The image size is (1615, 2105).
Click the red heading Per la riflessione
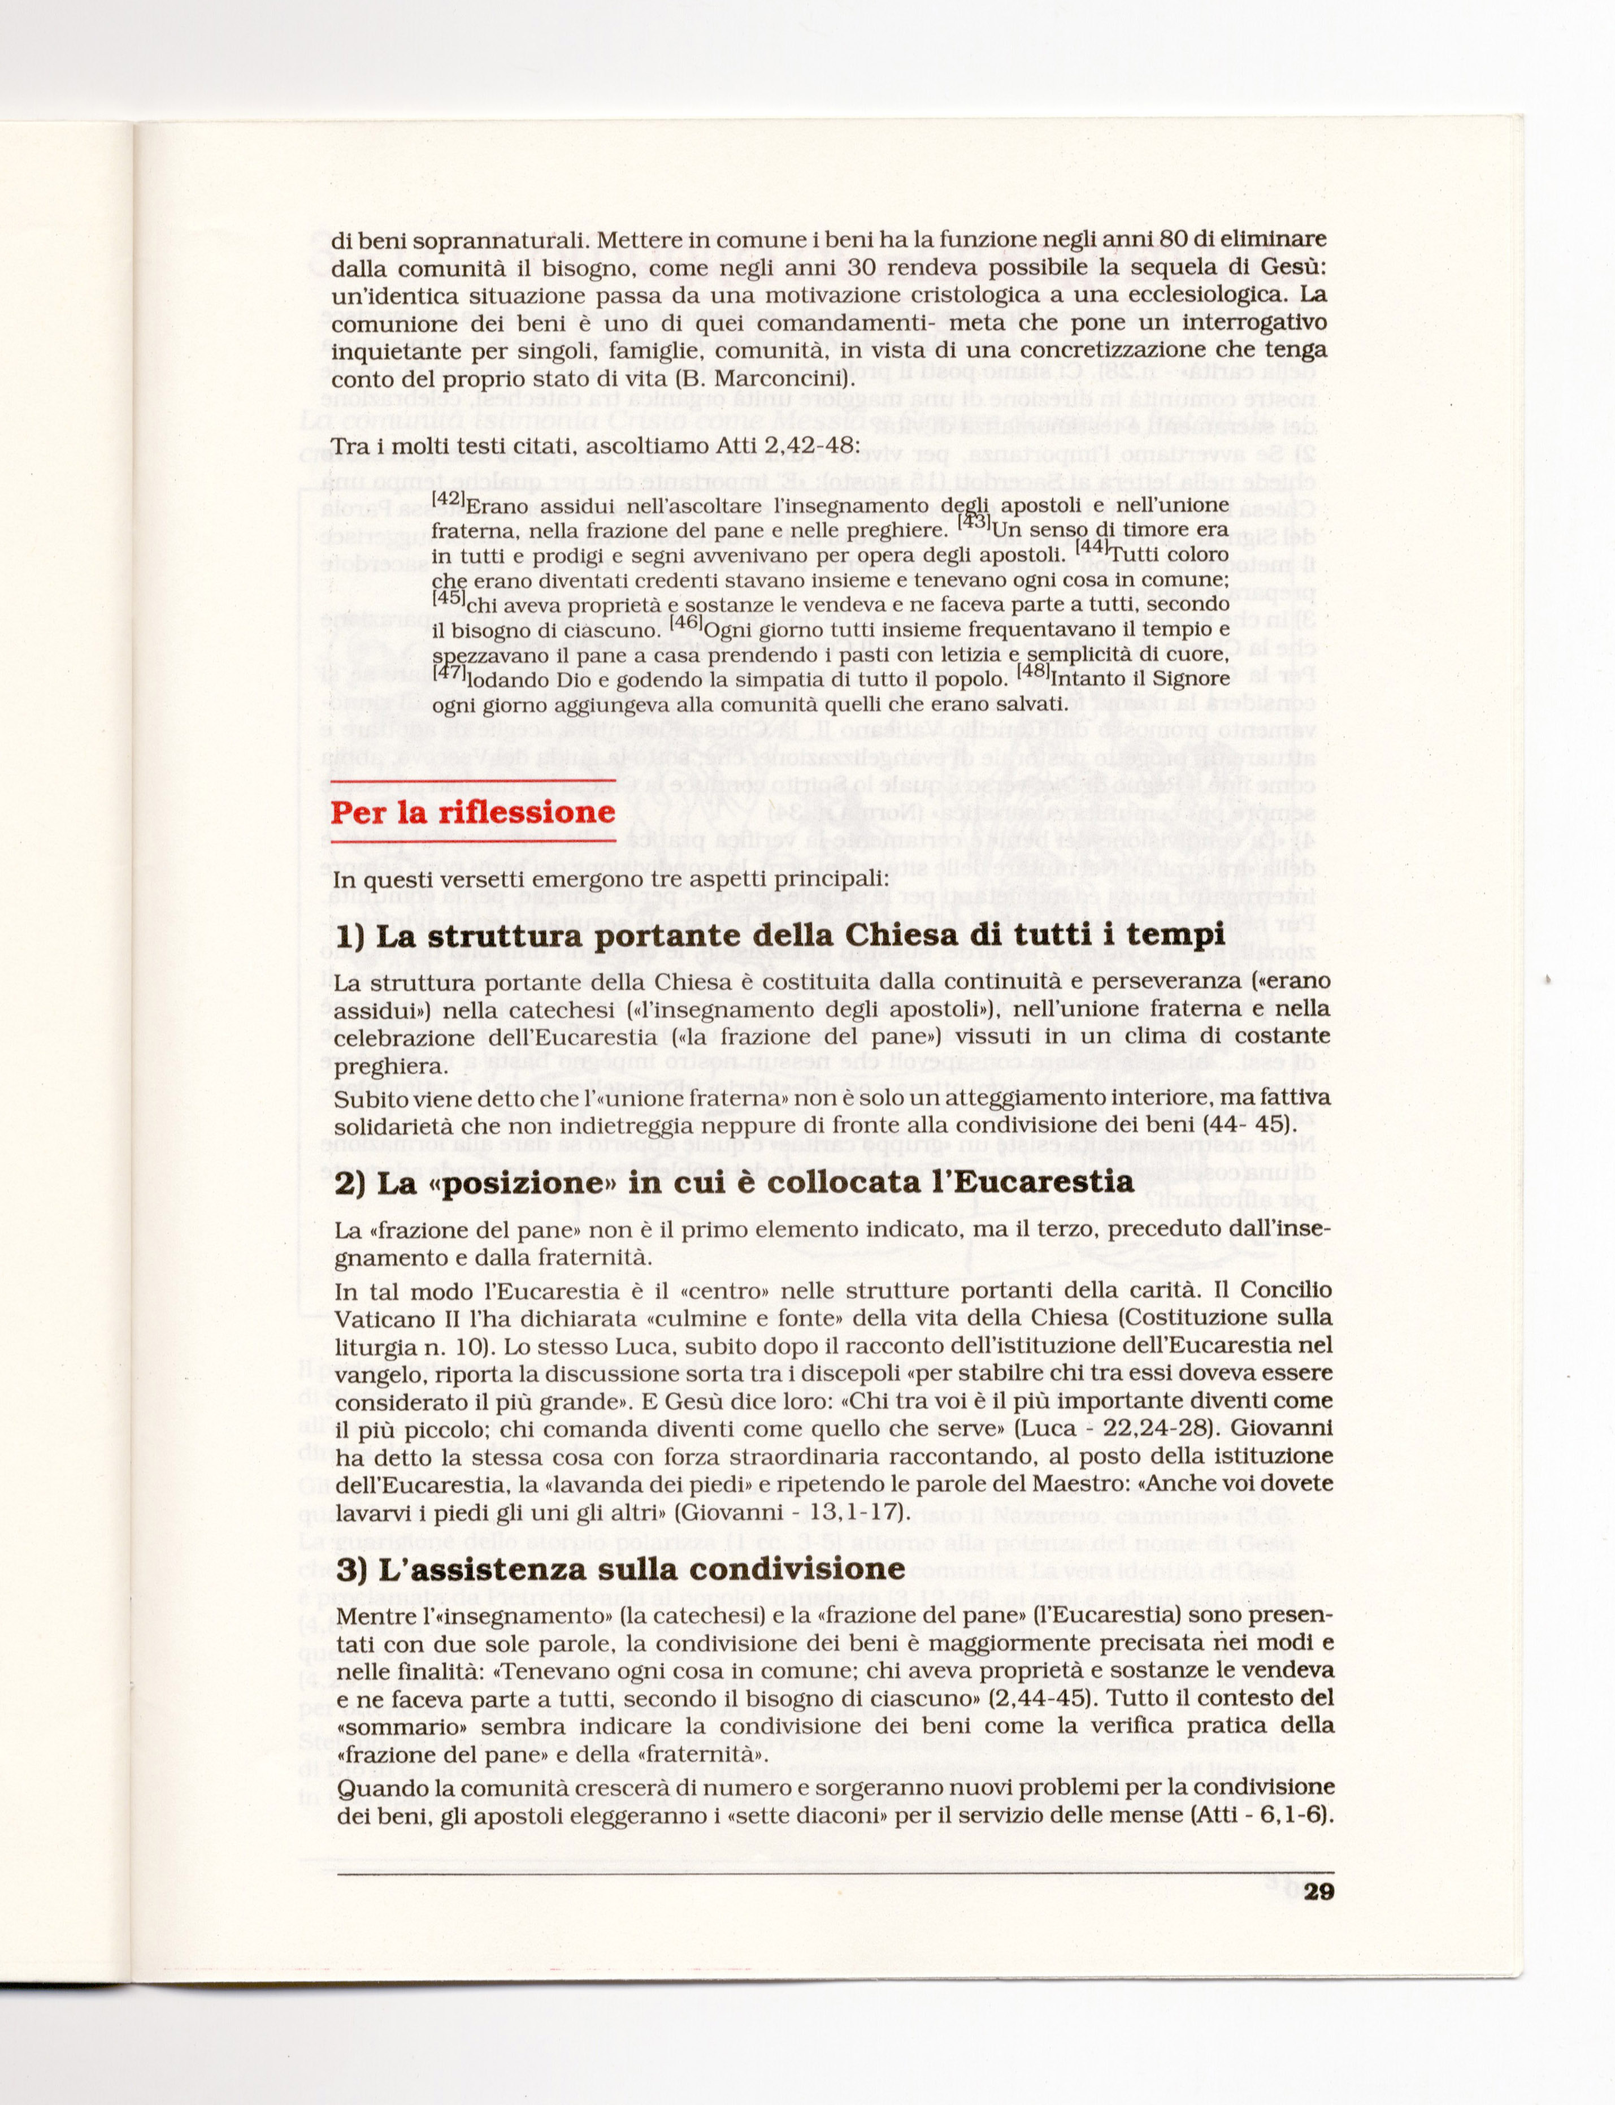pyautogui.click(x=472, y=813)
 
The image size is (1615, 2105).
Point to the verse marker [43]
pyautogui.click(x=975, y=522)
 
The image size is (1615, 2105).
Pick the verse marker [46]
pyautogui.click(x=687, y=622)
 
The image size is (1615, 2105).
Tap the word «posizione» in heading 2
pyautogui.click(x=520, y=1182)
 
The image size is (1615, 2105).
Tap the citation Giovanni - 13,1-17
pyautogui.click(x=790, y=1511)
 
